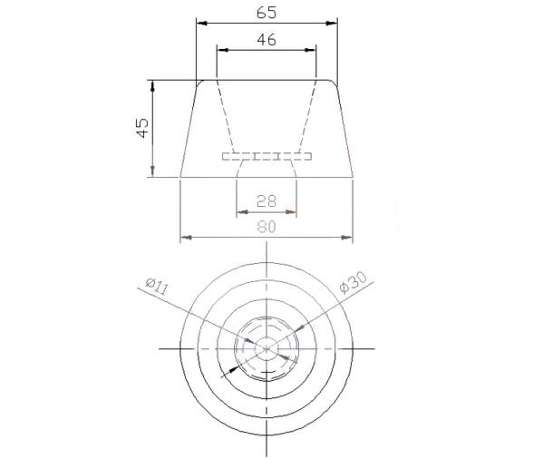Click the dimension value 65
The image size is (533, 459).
pos(266,12)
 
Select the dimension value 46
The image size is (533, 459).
pos(266,40)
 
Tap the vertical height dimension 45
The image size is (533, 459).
pos(141,128)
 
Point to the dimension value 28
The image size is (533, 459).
pos(266,201)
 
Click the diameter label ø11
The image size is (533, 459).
pos(157,288)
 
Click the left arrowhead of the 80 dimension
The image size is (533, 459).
pos(186,238)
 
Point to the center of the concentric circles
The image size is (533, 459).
pos(266,348)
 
